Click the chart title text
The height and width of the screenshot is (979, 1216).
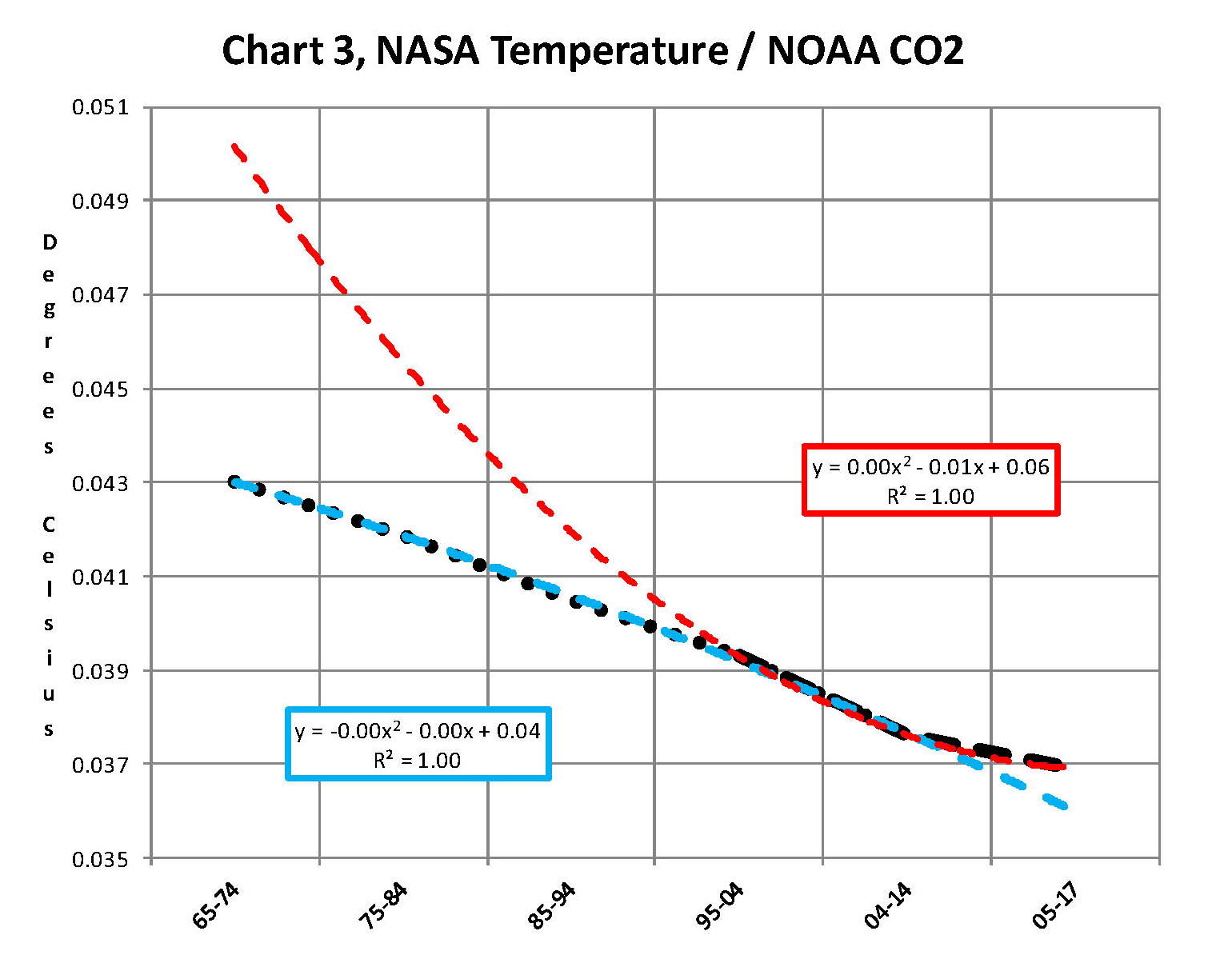pyautogui.click(x=592, y=51)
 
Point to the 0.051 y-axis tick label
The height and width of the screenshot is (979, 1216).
pyautogui.click(x=100, y=107)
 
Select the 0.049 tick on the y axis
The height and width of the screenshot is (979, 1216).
pyautogui.click(x=100, y=201)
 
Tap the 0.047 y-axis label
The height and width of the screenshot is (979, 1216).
pyautogui.click(x=100, y=295)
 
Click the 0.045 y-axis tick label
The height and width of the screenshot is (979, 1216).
pyautogui.click(x=100, y=390)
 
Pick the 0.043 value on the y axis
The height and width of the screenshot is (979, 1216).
pyautogui.click(x=100, y=483)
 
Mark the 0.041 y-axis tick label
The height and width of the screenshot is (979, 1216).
pyautogui.click(x=100, y=577)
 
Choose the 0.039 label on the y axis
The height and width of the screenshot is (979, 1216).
pyautogui.click(x=100, y=671)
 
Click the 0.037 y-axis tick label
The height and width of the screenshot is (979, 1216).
pyautogui.click(x=100, y=765)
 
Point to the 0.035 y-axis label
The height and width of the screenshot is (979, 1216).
pyautogui.click(x=100, y=860)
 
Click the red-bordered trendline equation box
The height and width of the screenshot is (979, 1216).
pyautogui.click(x=930, y=480)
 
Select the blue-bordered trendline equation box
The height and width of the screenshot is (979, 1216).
pyautogui.click(x=418, y=744)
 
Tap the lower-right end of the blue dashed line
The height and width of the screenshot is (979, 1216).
pyautogui.click(x=1064, y=806)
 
